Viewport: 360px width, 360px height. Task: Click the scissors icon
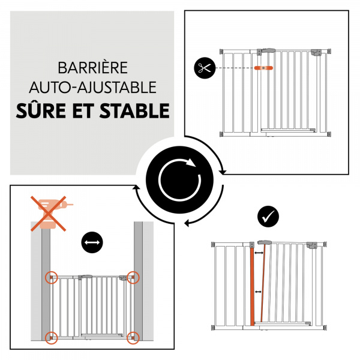[x=204, y=68]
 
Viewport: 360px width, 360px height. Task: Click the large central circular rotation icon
[x=180, y=179]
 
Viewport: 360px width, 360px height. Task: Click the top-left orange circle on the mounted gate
[x=52, y=278]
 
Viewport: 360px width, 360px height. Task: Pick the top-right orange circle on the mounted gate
[x=133, y=278]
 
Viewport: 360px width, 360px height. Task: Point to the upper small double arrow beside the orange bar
[x=259, y=254]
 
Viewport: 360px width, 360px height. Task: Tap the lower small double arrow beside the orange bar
[x=259, y=292]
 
